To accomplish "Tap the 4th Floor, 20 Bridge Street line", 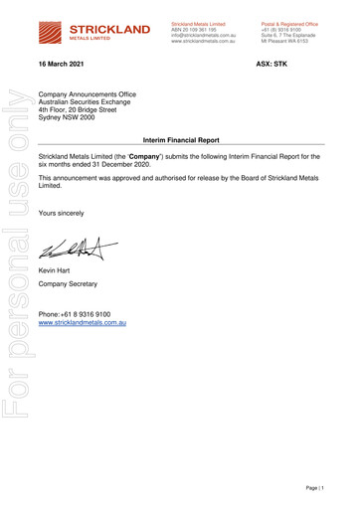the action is coord(87,108).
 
